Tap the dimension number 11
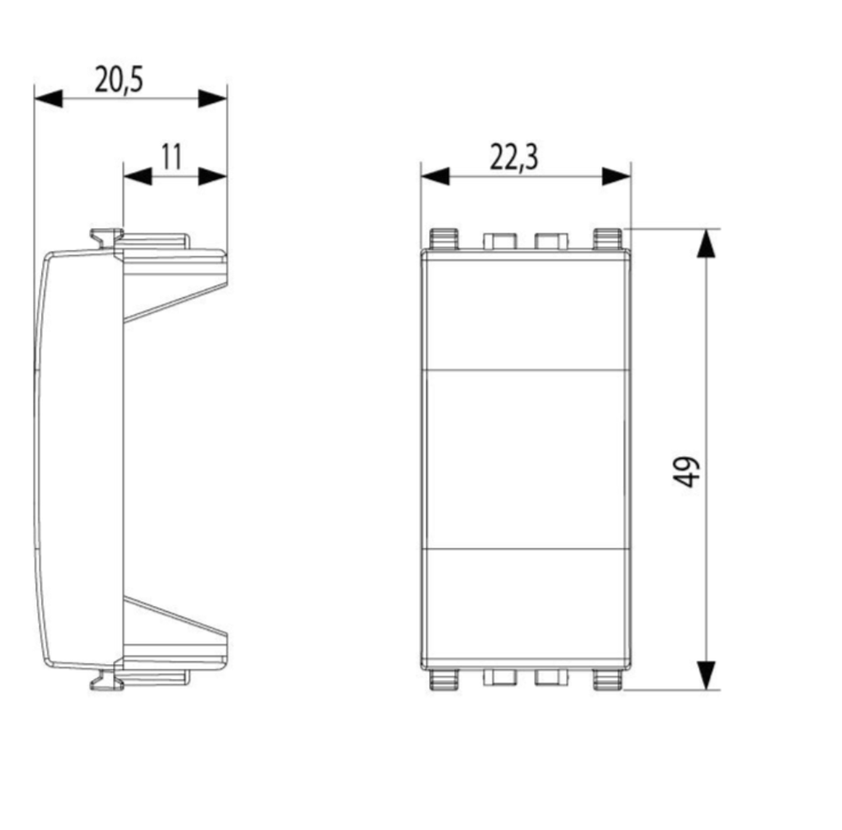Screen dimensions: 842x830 [x=172, y=157]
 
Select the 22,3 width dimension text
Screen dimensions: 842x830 [x=514, y=158]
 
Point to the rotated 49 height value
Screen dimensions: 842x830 [x=687, y=472]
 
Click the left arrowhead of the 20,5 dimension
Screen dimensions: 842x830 [x=48, y=98]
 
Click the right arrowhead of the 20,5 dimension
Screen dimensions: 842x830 [x=213, y=98]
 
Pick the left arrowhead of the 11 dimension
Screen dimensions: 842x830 [x=137, y=176]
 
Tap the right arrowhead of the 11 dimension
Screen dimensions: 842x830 [x=213, y=176]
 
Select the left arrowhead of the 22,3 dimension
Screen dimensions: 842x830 [x=435, y=176]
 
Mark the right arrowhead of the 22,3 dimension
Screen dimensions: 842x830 [x=616, y=176]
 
